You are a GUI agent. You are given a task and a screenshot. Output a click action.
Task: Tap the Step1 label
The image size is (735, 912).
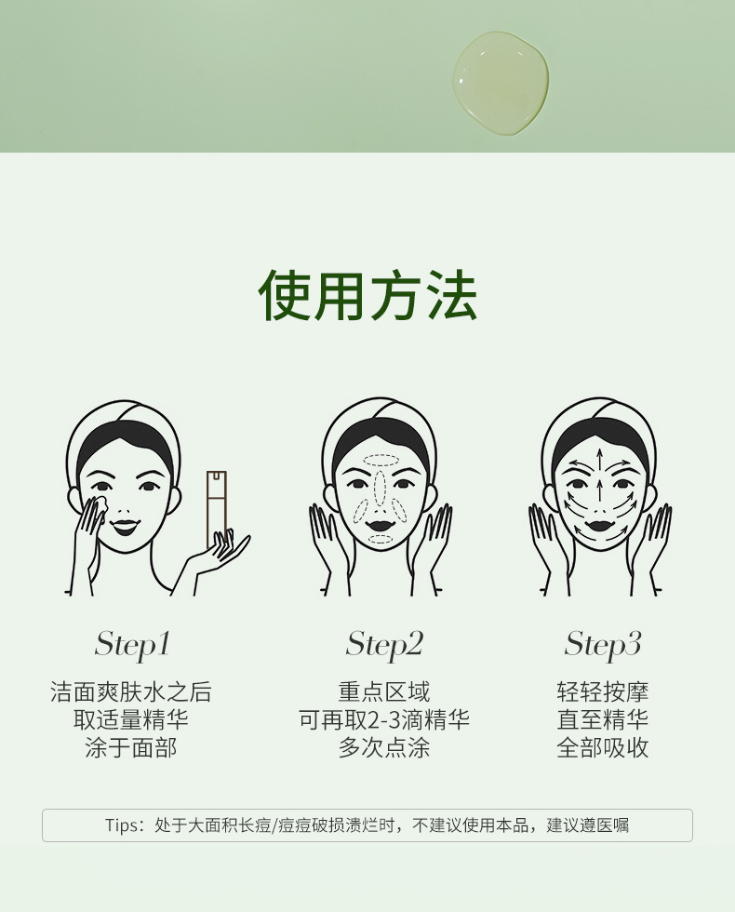132,644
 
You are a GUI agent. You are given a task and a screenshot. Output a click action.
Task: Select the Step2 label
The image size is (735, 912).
384,644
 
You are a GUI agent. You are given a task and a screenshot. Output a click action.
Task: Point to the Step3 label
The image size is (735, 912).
603,644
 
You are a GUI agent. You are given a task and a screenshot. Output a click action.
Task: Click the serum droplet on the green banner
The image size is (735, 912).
501,83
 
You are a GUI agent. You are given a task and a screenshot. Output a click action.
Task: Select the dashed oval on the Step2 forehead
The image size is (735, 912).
381,460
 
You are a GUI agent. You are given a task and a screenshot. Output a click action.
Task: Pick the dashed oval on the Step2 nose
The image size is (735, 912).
381,488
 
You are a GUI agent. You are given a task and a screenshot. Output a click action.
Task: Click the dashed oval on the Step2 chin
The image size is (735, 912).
381,539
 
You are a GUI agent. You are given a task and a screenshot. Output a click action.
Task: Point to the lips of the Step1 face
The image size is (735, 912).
123,527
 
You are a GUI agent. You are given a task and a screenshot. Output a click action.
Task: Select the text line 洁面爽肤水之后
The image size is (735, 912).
131,692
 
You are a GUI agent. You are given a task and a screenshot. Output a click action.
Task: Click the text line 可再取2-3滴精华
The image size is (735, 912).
384,720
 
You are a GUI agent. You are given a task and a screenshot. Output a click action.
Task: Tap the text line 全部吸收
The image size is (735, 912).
603,748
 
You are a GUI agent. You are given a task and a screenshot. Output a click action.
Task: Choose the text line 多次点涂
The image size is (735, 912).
384,748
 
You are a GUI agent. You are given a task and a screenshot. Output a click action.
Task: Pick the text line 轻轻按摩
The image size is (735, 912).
603,692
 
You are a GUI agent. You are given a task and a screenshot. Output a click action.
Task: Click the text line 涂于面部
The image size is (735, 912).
131,748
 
